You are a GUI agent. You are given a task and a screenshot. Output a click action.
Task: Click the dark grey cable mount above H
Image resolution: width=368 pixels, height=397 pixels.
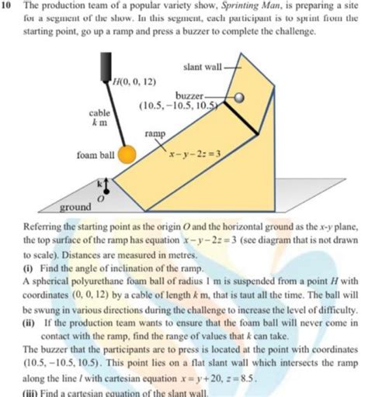(106, 63)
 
